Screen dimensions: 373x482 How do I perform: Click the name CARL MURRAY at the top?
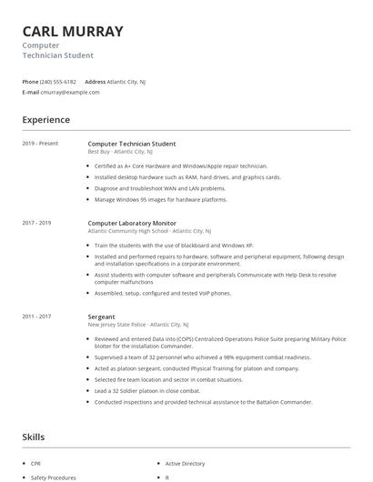[73, 31]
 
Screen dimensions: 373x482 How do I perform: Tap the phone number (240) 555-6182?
[58, 82]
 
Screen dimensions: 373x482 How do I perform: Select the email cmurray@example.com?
[70, 92]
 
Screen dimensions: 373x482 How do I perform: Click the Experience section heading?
[46, 120]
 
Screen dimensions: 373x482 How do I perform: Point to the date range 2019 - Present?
[40, 144]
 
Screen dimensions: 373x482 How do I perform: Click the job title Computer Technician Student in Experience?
[132, 144]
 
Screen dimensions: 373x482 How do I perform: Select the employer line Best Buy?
[98, 152]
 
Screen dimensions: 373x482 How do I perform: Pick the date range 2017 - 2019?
[37, 223]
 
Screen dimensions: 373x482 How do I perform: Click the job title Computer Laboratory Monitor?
[132, 223]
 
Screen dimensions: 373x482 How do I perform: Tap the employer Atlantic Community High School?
[128, 231]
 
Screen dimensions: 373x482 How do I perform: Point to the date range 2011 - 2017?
[37, 316]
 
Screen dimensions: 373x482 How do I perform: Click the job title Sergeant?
[102, 316]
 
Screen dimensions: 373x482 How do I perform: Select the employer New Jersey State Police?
[116, 325]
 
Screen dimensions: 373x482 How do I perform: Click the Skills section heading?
[34, 437]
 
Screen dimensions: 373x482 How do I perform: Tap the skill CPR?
[36, 464]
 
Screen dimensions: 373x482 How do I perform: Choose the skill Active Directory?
[186, 464]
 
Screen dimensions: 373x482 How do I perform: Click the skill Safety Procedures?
[53, 477]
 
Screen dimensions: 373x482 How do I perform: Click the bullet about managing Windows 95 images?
[160, 199]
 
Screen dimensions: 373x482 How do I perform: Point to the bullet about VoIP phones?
[162, 293]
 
